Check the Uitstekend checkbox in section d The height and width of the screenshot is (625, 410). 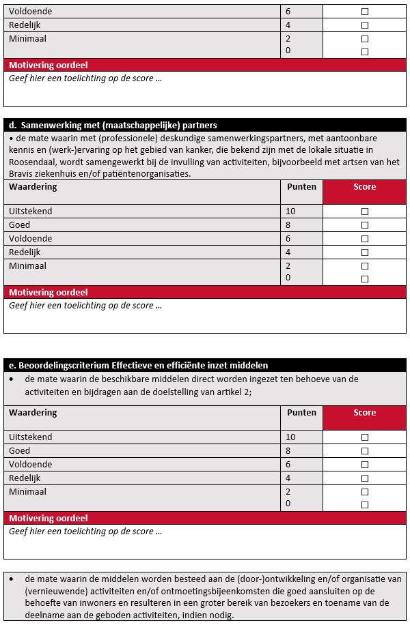[x=364, y=212]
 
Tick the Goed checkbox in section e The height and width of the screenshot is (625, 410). [x=364, y=451]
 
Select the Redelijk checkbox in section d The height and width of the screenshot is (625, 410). [x=364, y=252]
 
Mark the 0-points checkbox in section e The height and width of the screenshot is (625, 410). [x=364, y=505]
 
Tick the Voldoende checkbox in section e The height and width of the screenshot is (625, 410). [x=364, y=465]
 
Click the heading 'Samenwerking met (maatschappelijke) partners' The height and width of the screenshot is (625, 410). [x=119, y=126]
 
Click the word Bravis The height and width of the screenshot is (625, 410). [x=23, y=174]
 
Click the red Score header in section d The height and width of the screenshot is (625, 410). [x=364, y=187]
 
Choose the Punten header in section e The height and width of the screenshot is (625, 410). [x=301, y=413]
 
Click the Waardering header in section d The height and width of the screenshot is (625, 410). [x=33, y=187]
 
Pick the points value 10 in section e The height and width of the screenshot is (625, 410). [x=290, y=437]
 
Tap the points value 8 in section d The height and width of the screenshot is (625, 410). [x=288, y=225]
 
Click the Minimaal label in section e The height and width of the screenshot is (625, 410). [x=28, y=492]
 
